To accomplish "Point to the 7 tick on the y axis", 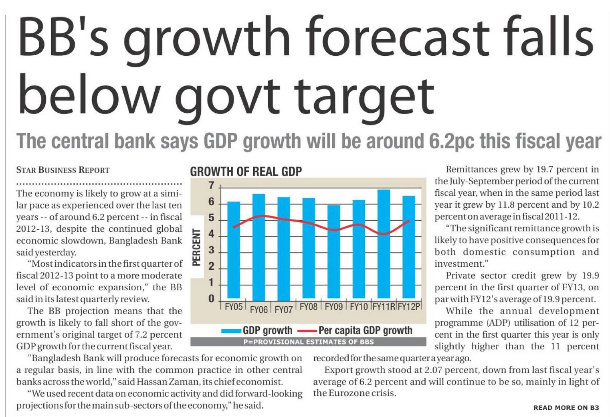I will tap(211, 186).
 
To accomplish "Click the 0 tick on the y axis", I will tap(211, 299).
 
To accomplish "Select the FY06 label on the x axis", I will tap(259, 310).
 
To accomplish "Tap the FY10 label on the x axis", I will tap(359, 307).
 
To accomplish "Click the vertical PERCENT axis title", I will tap(196, 247).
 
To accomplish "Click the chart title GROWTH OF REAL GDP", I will tap(246, 172).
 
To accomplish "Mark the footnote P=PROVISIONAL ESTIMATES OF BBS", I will tap(308, 342).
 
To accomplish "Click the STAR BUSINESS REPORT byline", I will tap(63, 170).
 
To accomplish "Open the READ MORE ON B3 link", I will tap(566, 408).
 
